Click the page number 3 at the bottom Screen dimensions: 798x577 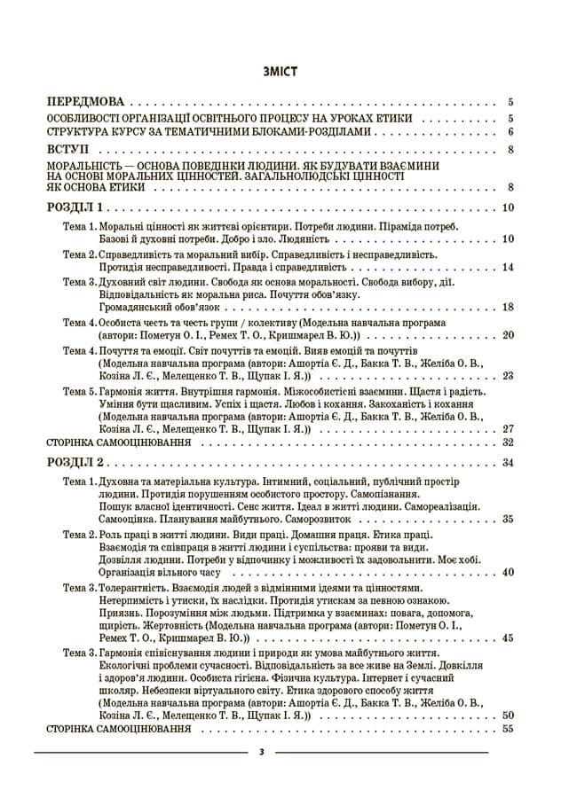[262, 753]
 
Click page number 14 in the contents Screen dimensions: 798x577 [508, 267]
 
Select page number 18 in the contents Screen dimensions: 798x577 [508, 307]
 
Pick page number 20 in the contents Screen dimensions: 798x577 [508, 335]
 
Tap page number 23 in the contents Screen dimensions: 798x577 [508, 376]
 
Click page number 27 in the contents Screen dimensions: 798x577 [508, 429]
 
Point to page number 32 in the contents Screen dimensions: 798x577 [508, 442]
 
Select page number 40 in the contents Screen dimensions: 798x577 [508, 573]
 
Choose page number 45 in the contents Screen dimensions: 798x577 [508, 638]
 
